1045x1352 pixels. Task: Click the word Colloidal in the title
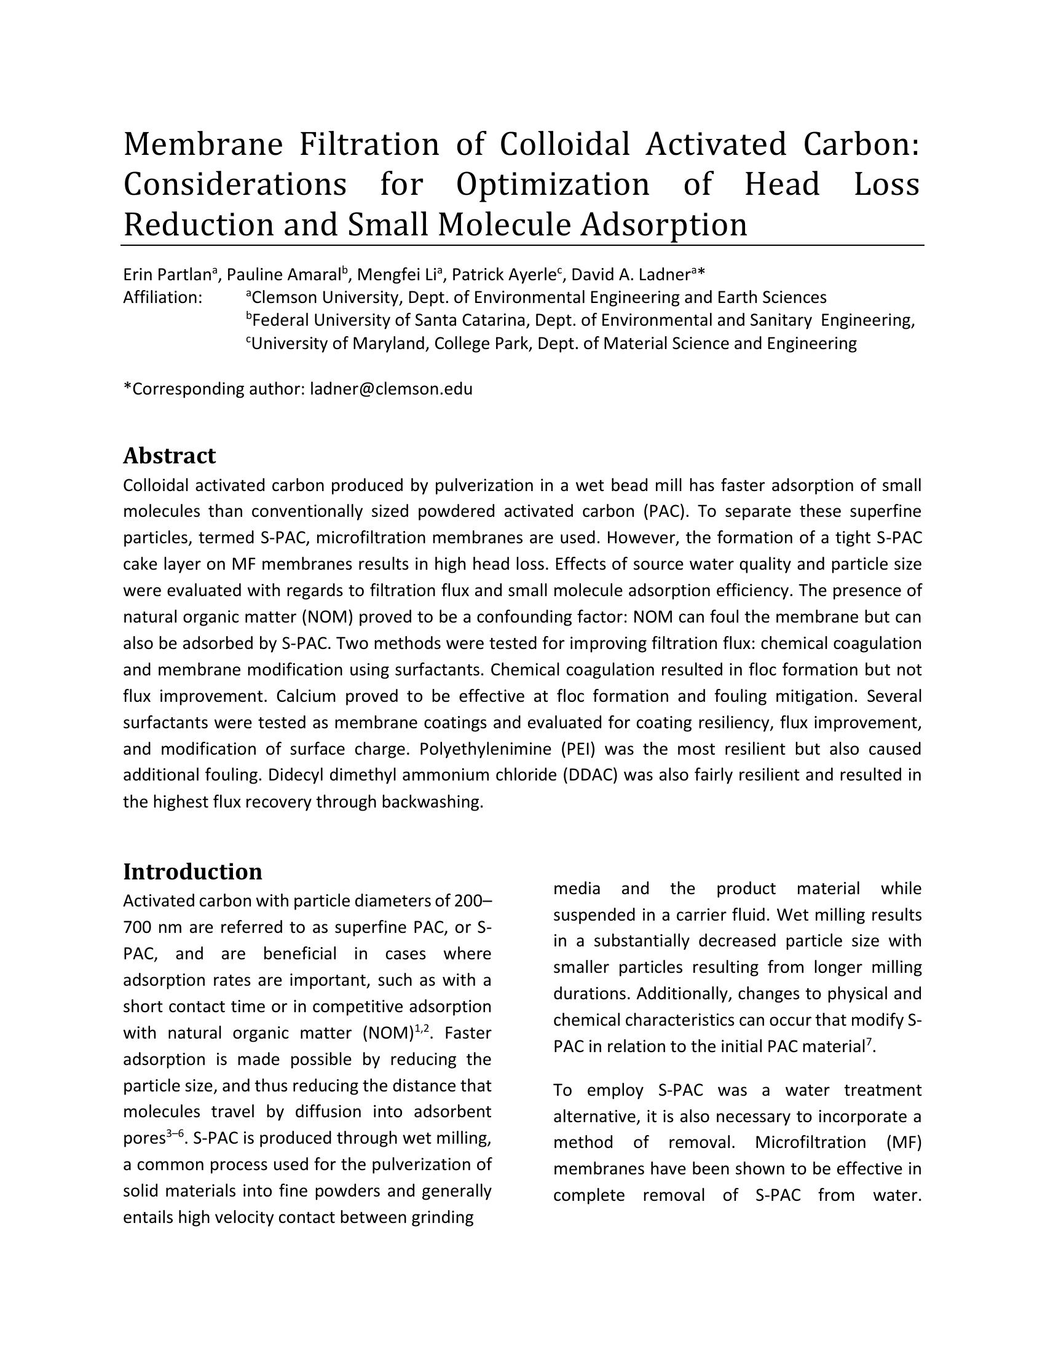click(564, 144)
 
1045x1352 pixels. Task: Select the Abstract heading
click(169, 455)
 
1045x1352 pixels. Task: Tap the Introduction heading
click(192, 871)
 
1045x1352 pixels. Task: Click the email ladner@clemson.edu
click(390, 390)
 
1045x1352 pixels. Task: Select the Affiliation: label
click(163, 298)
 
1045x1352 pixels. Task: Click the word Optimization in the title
click(553, 184)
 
